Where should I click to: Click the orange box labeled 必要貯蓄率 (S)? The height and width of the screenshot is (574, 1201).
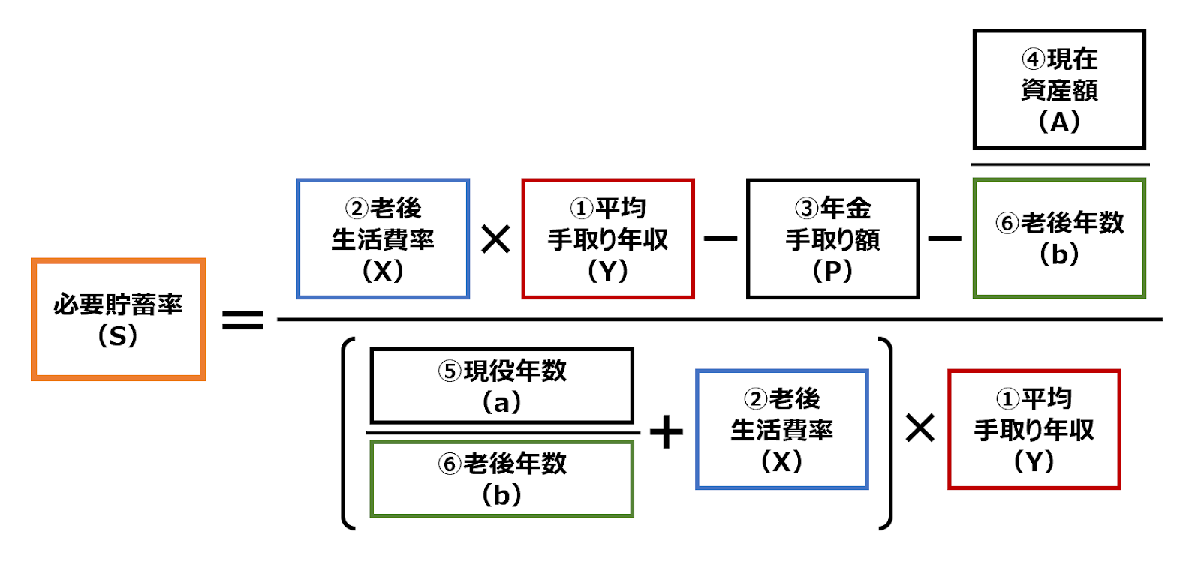pos(118,319)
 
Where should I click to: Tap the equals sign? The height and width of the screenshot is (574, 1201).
pos(242,320)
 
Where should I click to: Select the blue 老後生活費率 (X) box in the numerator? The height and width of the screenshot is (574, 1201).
pos(383,239)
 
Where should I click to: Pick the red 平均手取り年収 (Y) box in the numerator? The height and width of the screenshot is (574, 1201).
pos(608,239)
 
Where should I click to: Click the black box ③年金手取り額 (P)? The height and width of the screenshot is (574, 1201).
pos(832,239)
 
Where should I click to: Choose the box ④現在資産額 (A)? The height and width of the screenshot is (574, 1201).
pos(1059,89)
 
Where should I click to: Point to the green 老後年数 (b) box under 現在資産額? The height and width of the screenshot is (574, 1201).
pos(1059,238)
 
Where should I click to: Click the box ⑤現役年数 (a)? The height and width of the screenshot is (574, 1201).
pos(501,386)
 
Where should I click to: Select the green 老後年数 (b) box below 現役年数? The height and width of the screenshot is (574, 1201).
pos(501,479)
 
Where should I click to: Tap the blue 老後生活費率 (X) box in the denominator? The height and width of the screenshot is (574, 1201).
pos(781,429)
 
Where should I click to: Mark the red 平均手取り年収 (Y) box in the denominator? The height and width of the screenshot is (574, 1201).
pos(1034,429)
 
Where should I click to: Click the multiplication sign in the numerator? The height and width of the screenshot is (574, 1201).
pos(495,240)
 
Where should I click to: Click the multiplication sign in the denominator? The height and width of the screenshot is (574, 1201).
pos(920,429)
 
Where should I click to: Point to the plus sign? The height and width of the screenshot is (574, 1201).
pos(666,432)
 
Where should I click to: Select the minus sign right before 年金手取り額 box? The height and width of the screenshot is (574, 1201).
pos(721,239)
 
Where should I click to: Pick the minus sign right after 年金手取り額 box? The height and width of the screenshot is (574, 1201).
pos(944,239)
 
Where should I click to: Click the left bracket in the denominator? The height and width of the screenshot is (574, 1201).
pos(348,434)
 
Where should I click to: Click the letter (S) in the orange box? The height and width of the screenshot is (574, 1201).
pos(118,335)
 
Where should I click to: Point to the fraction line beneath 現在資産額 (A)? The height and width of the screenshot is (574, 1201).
pos(1059,164)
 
